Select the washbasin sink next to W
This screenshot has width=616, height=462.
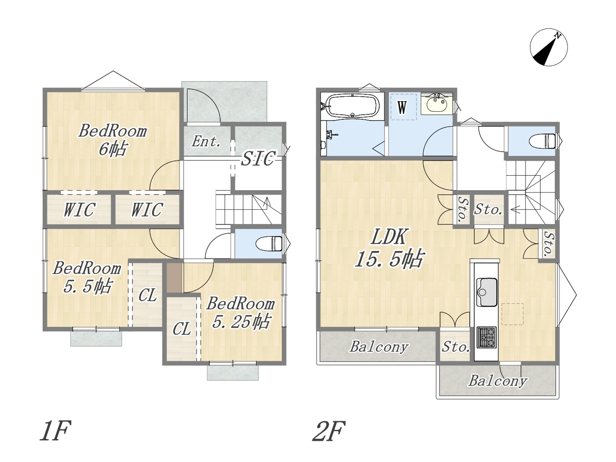pos(436,105)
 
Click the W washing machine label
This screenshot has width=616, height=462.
pos(402,107)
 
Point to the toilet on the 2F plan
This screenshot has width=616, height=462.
pos(542,141)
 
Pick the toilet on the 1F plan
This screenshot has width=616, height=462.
pos(269,244)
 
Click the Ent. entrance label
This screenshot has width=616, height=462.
pos(205,141)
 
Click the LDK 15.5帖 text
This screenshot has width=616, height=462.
pos(389,247)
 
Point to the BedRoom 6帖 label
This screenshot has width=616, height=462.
pos(113,140)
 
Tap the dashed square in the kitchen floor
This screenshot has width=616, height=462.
pos(513,314)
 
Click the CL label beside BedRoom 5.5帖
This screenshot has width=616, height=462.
pos(148,295)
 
